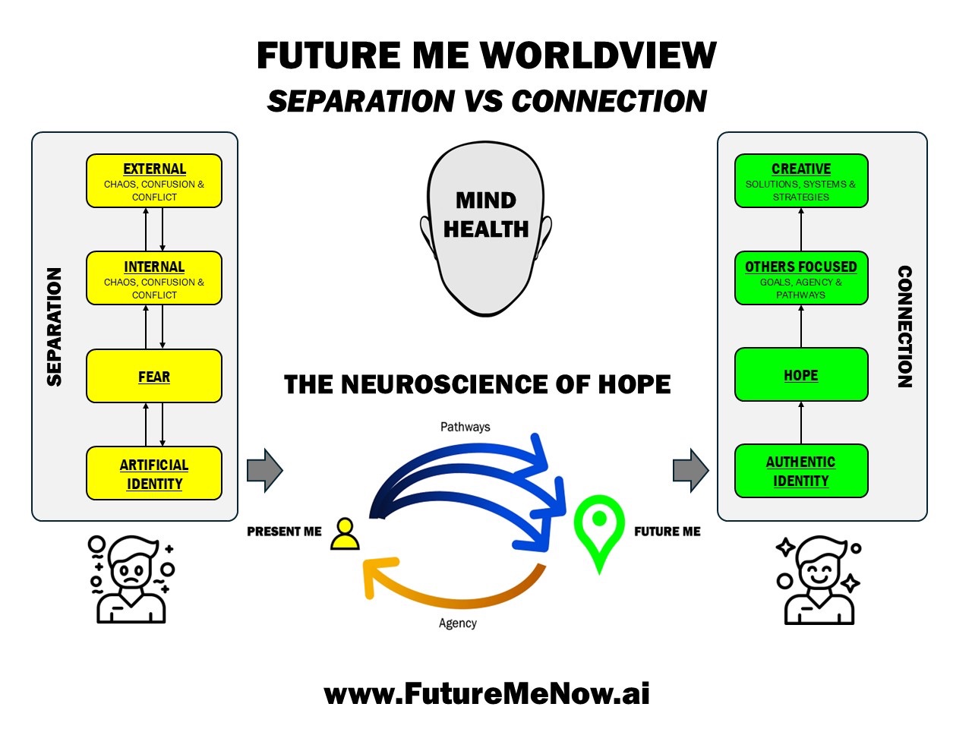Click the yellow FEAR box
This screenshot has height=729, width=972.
coord(153,376)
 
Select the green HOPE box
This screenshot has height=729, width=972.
coord(800,374)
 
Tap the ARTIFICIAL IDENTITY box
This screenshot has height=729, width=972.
coord(153,473)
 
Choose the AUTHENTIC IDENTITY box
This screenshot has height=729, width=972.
coord(800,471)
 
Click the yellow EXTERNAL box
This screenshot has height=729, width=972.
coord(153,181)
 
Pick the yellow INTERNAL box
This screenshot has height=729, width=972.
coord(153,278)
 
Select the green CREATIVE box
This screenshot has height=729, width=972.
coord(800,181)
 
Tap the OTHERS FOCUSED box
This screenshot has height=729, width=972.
coord(800,278)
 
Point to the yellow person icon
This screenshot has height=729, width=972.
coord(345,535)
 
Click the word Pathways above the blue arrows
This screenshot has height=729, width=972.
coord(465,427)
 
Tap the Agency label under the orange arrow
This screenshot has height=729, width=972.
coord(457,623)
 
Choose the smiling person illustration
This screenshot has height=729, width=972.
coord(818,580)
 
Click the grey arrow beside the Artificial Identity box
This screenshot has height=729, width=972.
coord(265,470)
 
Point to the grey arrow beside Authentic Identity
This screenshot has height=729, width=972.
coord(691,470)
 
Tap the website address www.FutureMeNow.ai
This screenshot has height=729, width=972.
coord(487,693)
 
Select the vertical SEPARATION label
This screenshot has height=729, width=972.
coord(54,327)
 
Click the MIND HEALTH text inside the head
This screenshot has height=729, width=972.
coord(486,215)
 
